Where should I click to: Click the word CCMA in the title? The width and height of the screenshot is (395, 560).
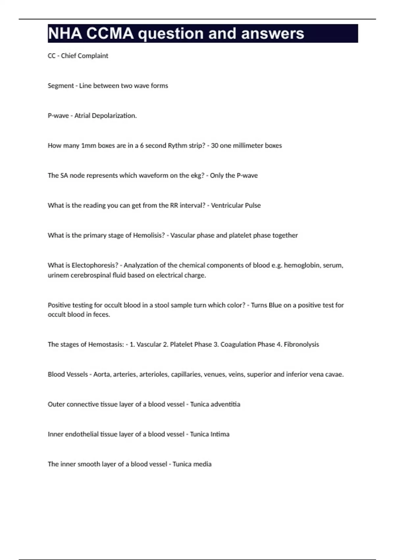110,34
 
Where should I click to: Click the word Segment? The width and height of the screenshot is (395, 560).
61,86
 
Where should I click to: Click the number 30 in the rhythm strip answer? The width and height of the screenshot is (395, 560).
215,146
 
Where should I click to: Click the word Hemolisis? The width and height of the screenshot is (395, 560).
149,236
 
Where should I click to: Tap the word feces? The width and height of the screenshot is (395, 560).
101,315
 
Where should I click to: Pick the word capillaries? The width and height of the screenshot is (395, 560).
186,375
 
